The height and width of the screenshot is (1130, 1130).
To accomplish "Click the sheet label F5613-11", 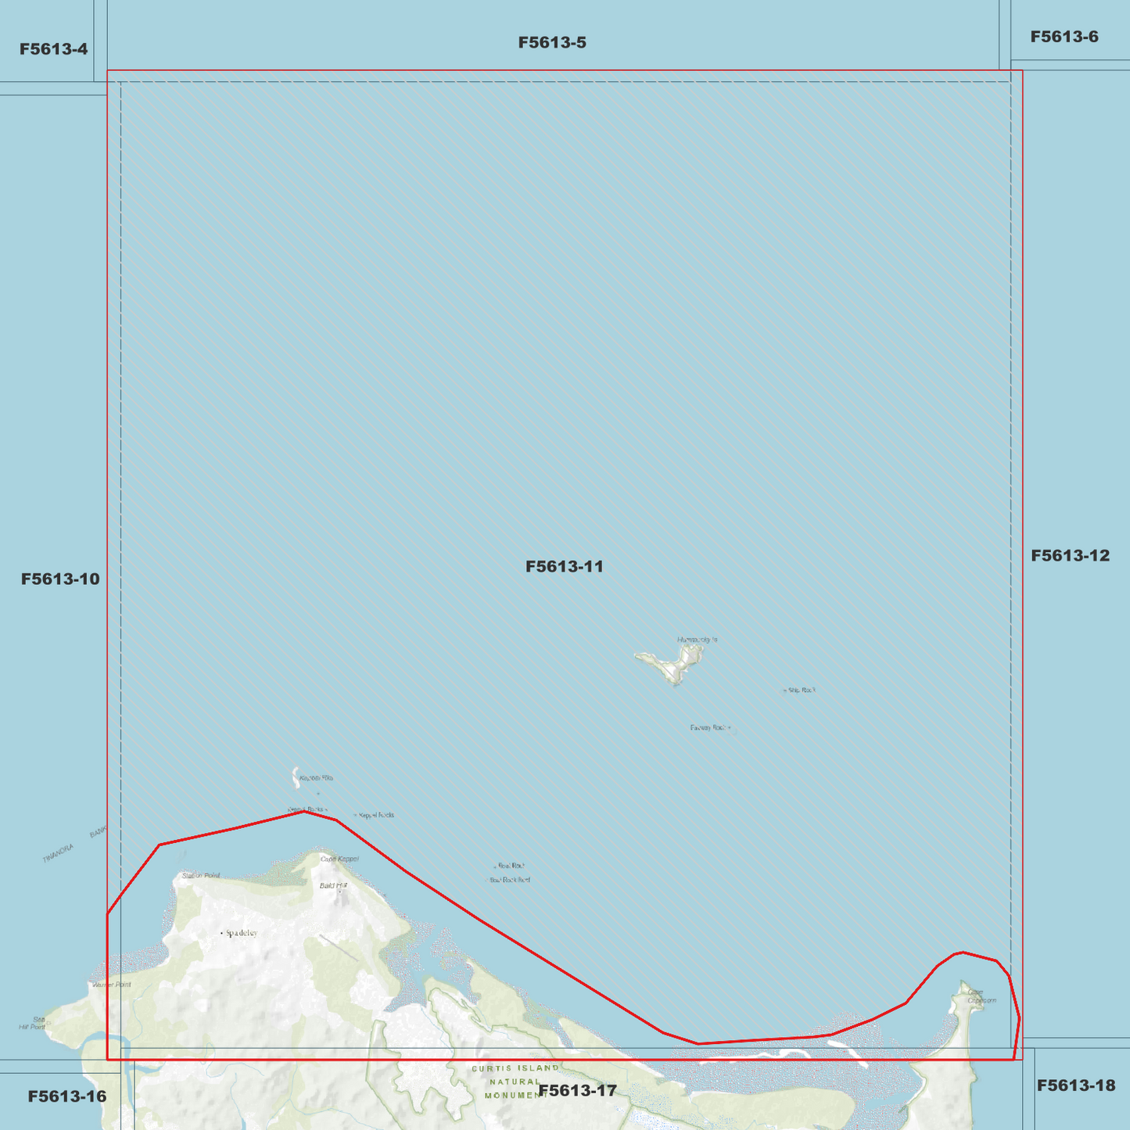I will point(564,566).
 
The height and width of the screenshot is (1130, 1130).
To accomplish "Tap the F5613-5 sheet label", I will point(552,42).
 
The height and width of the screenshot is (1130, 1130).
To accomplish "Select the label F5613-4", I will point(53,49).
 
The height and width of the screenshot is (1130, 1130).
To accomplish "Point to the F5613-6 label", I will point(1064,37).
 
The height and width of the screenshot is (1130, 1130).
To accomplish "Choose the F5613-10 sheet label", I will point(60,579).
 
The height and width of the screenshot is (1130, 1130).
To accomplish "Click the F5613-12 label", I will point(1070,555).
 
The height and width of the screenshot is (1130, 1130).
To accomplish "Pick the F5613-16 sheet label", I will point(66,1096).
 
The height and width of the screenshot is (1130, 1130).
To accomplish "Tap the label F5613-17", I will point(578,1090).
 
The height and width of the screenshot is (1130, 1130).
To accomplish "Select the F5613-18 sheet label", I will point(1075,1085).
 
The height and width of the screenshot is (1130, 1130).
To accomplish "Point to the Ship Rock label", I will point(802,691).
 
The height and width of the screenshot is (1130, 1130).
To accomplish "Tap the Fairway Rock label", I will point(708,728).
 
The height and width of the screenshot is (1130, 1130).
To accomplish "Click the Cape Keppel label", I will point(339,859).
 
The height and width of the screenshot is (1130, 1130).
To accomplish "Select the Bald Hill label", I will point(332,885).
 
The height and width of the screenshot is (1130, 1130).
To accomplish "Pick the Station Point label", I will point(201,876).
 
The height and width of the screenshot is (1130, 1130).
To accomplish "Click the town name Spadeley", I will point(241,933).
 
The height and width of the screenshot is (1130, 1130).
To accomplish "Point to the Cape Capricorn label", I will point(981,996).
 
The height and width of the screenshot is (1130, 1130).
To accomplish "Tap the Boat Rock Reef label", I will point(510,880).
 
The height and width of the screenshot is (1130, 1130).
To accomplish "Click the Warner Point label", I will point(111,985).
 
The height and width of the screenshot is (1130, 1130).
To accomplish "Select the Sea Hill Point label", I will point(33,1023).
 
